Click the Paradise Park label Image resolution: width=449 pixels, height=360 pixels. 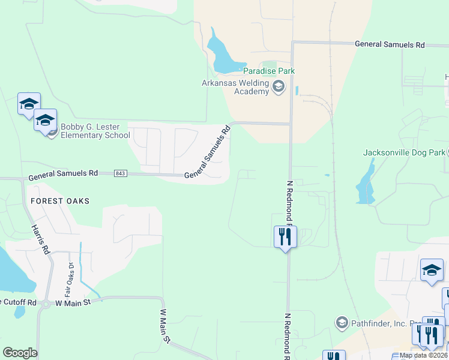[268, 71]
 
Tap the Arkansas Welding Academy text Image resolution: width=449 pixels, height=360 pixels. [235, 87]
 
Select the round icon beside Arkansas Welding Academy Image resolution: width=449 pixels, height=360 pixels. [278, 88]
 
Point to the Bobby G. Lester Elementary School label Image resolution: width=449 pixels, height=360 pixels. [95, 131]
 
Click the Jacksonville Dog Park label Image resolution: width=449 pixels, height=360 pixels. [404, 152]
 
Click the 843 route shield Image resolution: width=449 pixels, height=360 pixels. [120, 173]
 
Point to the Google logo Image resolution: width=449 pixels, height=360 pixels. [20, 353]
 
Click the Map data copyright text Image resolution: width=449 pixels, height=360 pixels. [424, 355]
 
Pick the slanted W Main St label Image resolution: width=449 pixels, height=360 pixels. [166, 326]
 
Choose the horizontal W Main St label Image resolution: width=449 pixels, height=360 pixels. [72, 303]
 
